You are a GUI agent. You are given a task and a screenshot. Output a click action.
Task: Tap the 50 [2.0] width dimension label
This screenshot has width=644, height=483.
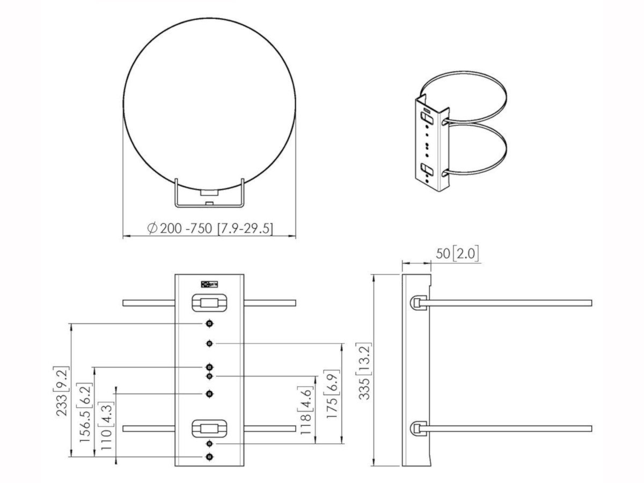coord(457,254)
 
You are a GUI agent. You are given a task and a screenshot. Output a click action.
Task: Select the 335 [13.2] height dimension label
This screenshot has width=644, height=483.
coord(365,370)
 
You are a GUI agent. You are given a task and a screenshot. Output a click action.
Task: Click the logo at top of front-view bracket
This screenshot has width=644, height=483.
coord(209,284)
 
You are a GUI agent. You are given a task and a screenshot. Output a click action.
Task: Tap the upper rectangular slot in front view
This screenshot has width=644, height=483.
coord(209,303)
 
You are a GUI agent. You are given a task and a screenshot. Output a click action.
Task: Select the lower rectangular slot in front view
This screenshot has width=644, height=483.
coord(209,428)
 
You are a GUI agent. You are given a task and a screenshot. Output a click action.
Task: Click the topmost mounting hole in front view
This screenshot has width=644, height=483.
coord(209,324)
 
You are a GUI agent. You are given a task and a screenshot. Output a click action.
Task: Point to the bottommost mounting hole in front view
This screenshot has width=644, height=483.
coord(209,456)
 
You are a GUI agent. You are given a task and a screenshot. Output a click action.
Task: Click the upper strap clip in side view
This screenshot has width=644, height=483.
coord(418,303)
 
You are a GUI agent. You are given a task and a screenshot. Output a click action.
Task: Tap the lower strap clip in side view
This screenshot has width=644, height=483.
coord(418,429)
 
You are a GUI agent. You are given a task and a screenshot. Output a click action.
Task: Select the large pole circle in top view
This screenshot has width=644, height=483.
coord(209,105)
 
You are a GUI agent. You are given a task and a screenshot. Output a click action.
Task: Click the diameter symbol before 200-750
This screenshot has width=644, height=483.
coord(152,229)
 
